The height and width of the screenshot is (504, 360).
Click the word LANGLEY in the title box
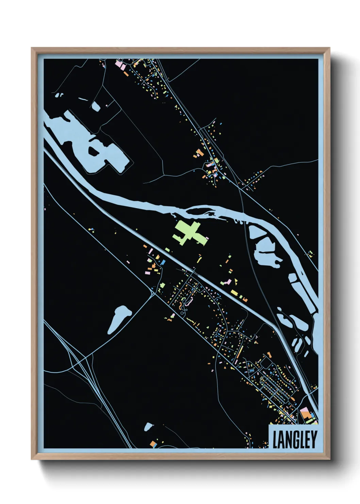click(295, 440)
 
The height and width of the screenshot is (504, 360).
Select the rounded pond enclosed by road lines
click(96, 107)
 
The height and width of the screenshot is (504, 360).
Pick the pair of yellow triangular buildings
click(235, 282)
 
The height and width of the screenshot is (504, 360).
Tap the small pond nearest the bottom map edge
click(148, 427)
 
